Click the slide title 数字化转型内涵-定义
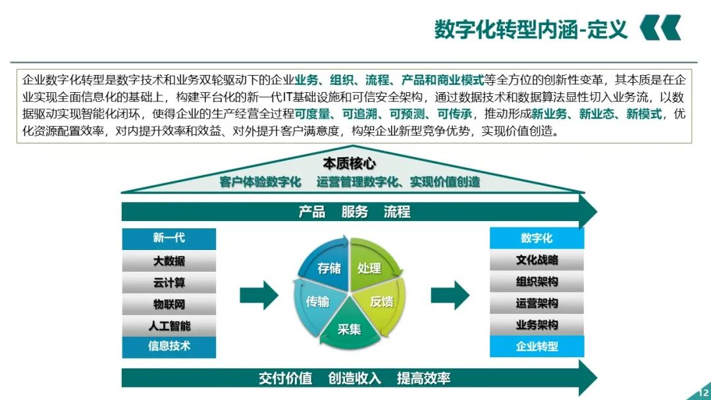coord(531,30)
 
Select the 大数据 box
coord(169,261)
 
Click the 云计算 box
coord(169,283)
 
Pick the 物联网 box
coord(169,305)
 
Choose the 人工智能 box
coord(169,326)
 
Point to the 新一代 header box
coord(169,238)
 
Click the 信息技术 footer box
coord(169,346)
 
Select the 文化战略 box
coord(537,260)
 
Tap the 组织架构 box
coord(537,282)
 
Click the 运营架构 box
coord(537,303)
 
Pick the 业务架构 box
coord(537,325)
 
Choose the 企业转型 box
coord(537,346)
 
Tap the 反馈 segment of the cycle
coord(382,302)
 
